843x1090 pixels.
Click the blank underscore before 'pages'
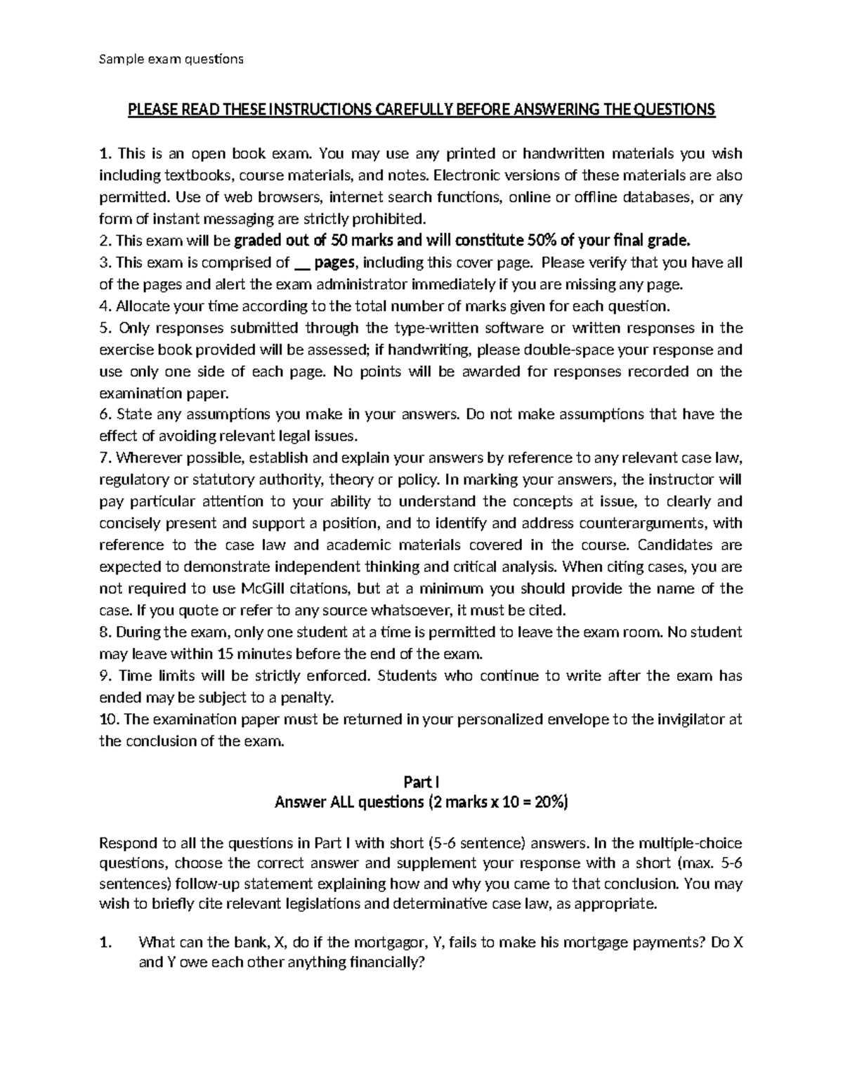302,263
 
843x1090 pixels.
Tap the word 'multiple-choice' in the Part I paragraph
694,843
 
